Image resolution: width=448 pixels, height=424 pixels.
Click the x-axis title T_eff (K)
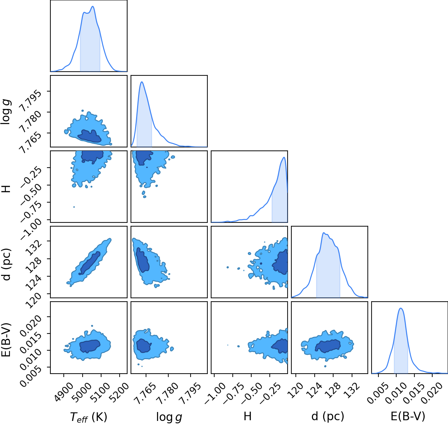point(88,417)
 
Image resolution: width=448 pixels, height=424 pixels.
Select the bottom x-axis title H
point(248,416)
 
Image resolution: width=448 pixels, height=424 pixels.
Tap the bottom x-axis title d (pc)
point(328,416)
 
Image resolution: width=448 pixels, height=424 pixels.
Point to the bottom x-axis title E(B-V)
point(408,416)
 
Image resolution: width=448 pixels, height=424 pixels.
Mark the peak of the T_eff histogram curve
point(93,6)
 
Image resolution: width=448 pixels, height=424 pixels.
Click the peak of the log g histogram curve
point(142,82)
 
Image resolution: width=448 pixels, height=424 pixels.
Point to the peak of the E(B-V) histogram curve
point(401,308)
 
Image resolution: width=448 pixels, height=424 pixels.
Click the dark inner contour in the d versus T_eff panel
point(89,263)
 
